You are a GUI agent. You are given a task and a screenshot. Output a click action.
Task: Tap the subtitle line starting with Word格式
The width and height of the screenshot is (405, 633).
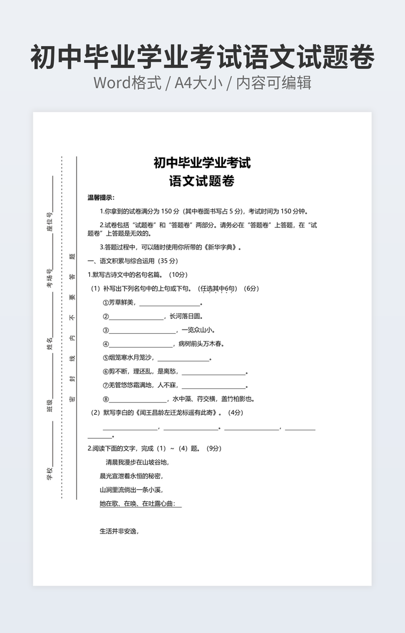point(202,83)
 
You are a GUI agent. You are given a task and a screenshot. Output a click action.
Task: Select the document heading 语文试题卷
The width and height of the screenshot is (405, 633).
point(202,181)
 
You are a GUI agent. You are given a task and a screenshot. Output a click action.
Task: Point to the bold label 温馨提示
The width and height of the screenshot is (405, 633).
point(101,198)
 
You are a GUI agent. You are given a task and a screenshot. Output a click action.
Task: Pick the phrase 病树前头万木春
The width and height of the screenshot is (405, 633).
point(201,344)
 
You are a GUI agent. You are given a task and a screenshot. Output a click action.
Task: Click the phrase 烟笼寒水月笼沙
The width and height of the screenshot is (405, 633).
point(131,358)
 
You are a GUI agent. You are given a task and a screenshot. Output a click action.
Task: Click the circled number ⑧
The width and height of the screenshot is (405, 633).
point(106,399)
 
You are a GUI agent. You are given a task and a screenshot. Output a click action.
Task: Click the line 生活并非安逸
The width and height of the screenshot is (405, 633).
point(119,531)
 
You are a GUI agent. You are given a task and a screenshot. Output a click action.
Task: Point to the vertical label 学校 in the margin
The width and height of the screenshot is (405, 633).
point(50,474)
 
